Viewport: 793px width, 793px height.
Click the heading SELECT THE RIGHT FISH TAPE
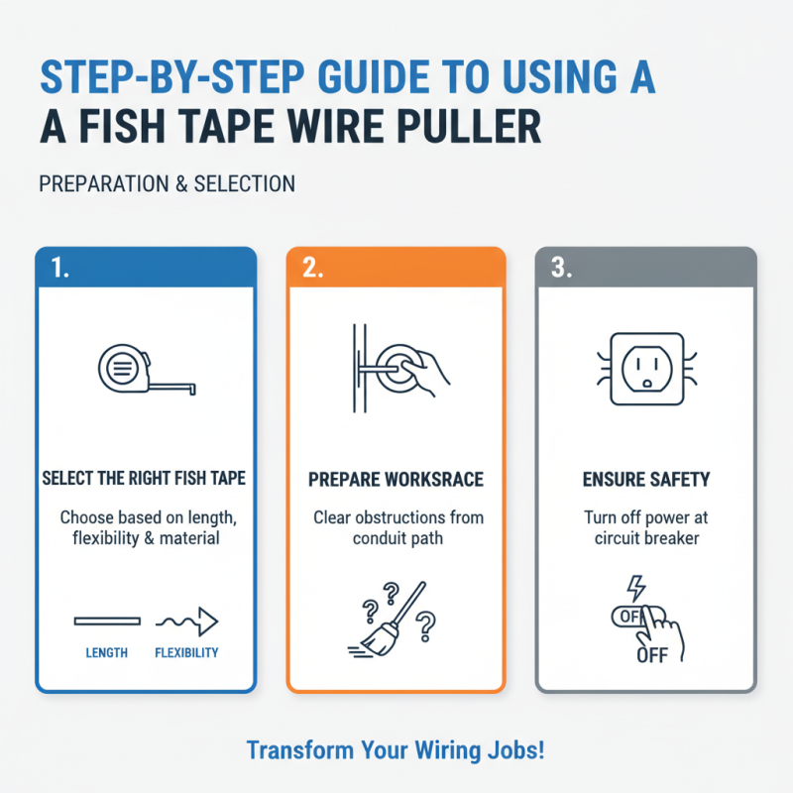pyautogui.click(x=144, y=479)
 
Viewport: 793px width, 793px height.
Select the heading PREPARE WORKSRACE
pyautogui.click(x=396, y=480)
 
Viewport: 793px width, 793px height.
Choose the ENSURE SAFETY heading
pyautogui.click(x=645, y=480)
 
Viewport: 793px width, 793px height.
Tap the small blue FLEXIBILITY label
pyautogui.click(x=186, y=653)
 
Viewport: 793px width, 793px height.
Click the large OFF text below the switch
pyautogui.click(x=653, y=655)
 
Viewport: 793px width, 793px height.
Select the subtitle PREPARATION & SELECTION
pyautogui.click(x=167, y=184)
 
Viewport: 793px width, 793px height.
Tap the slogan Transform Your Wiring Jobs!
pyautogui.click(x=396, y=749)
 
